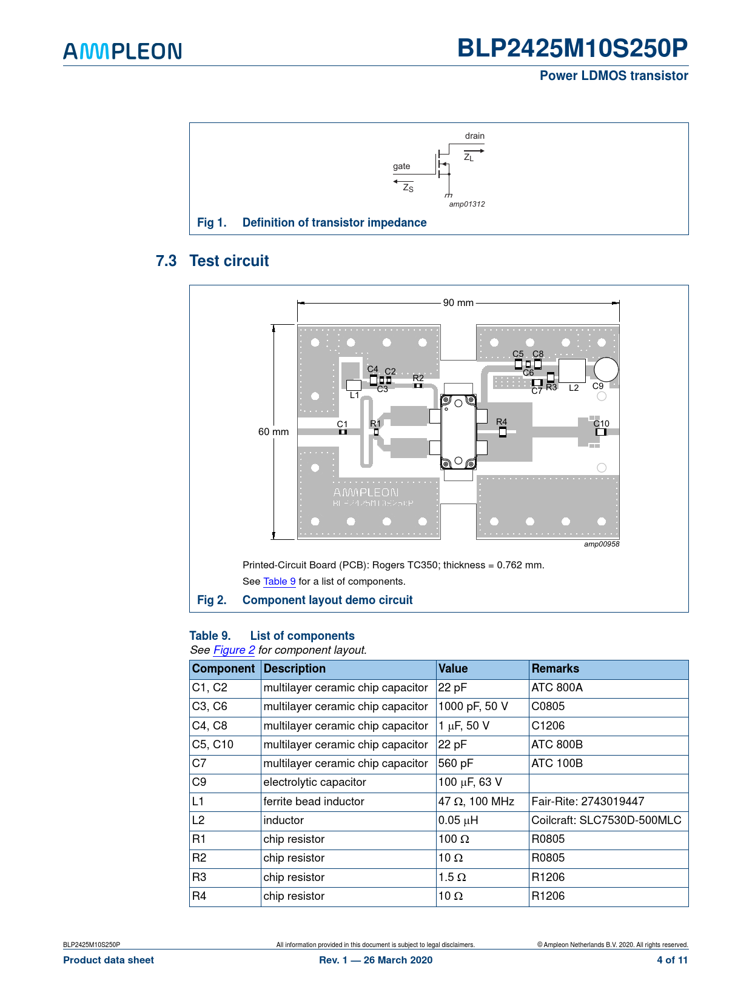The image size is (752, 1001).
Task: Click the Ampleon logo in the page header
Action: point(123,51)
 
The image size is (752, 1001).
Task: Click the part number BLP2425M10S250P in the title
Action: point(572,48)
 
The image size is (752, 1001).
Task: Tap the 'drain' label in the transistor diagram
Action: point(474,136)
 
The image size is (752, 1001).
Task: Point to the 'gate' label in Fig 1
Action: point(401,166)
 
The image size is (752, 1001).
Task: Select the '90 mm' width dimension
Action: point(458,302)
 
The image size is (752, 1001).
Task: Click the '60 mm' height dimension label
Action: point(274,432)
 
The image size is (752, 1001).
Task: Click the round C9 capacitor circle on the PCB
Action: point(606,370)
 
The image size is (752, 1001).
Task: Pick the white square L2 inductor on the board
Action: point(572,371)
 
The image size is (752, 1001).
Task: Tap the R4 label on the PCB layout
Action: point(502,422)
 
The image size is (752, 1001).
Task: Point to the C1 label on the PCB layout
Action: point(343,424)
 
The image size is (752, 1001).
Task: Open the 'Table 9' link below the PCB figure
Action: point(280,582)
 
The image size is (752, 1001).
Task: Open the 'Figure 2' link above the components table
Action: point(234,650)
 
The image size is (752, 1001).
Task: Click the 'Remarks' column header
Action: point(555,669)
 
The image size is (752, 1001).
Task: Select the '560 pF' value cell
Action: point(456,763)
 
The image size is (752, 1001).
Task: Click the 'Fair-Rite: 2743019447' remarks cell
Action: point(588,802)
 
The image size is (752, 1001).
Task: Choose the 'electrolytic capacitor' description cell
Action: point(315,782)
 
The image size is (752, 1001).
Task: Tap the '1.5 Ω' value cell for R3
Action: point(452,877)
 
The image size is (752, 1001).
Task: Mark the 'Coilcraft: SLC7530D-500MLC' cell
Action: point(606,820)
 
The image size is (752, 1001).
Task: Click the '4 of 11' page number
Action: point(672,960)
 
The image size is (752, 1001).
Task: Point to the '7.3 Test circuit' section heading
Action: point(212,261)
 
